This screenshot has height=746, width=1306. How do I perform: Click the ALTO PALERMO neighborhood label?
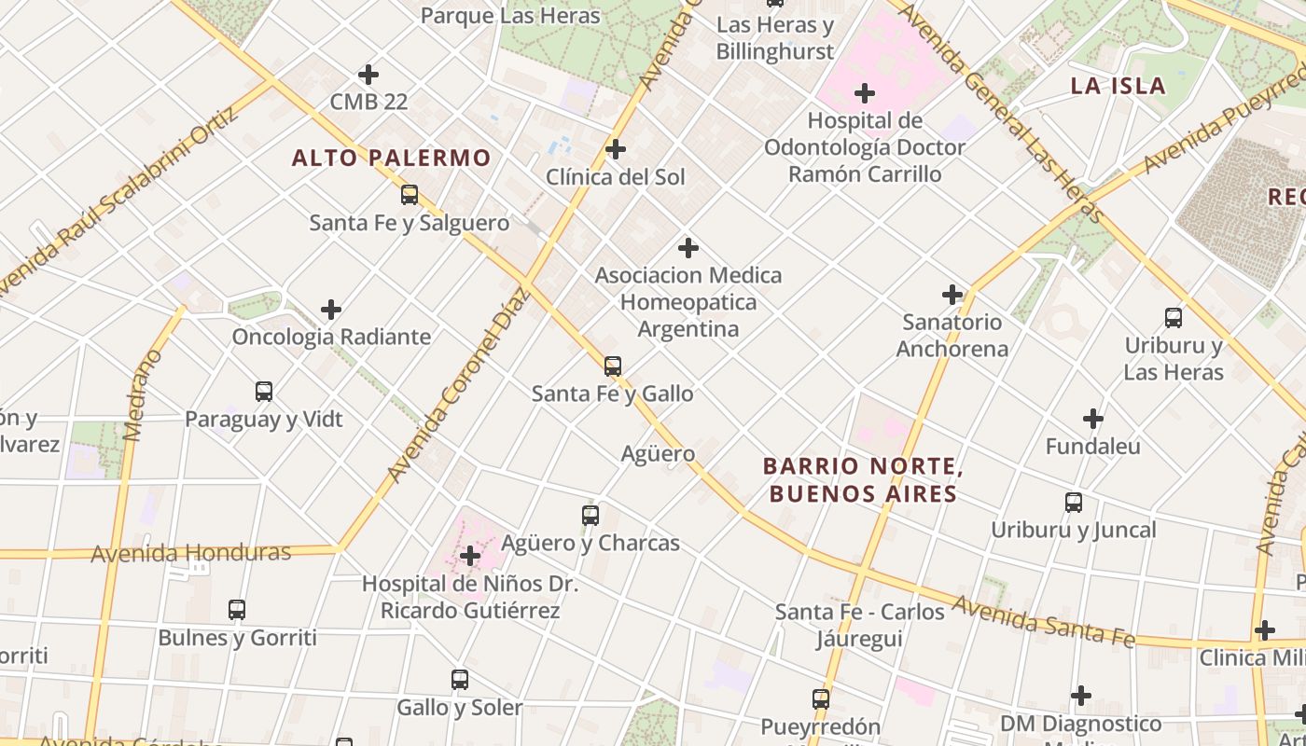pyautogui.click(x=391, y=158)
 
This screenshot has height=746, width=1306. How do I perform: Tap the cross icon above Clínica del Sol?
pyautogui.click(x=616, y=149)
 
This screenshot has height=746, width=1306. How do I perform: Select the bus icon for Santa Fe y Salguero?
pyautogui.click(x=409, y=195)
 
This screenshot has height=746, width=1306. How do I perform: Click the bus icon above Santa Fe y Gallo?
pyautogui.click(x=612, y=366)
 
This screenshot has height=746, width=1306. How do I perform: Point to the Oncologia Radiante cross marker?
pyautogui.click(x=331, y=310)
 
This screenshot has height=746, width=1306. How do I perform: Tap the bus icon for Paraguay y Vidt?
pyautogui.click(x=264, y=392)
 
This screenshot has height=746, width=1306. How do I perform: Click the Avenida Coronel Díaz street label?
pyautogui.click(x=459, y=386)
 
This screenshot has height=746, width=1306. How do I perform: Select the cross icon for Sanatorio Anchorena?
pyautogui.click(x=952, y=295)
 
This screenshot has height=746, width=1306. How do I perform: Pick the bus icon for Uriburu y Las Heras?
pyautogui.click(x=1174, y=317)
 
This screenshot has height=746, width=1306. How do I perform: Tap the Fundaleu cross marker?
pyautogui.click(x=1093, y=419)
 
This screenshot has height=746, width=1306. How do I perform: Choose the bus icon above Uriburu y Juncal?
pyautogui.click(x=1074, y=503)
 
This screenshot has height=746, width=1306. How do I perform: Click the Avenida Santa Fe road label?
pyautogui.click(x=1043, y=622)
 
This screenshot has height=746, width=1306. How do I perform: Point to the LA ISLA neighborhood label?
pyautogui.click(x=1118, y=87)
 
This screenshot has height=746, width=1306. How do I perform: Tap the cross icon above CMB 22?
pyautogui.click(x=368, y=74)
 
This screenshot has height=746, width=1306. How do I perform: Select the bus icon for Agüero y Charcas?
pyautogui.click(x=590, y=515)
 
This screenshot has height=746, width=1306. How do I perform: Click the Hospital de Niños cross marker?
pyautogui.click(x=470, y=557)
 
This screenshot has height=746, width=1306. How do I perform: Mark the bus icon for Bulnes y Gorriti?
pyautogui.click(x=237, y=610)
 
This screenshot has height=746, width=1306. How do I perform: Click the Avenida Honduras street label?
pyautogui.click(x=191, y=553)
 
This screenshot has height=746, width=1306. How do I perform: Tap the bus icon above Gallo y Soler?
pyautogui.click(x=459, y=679)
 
